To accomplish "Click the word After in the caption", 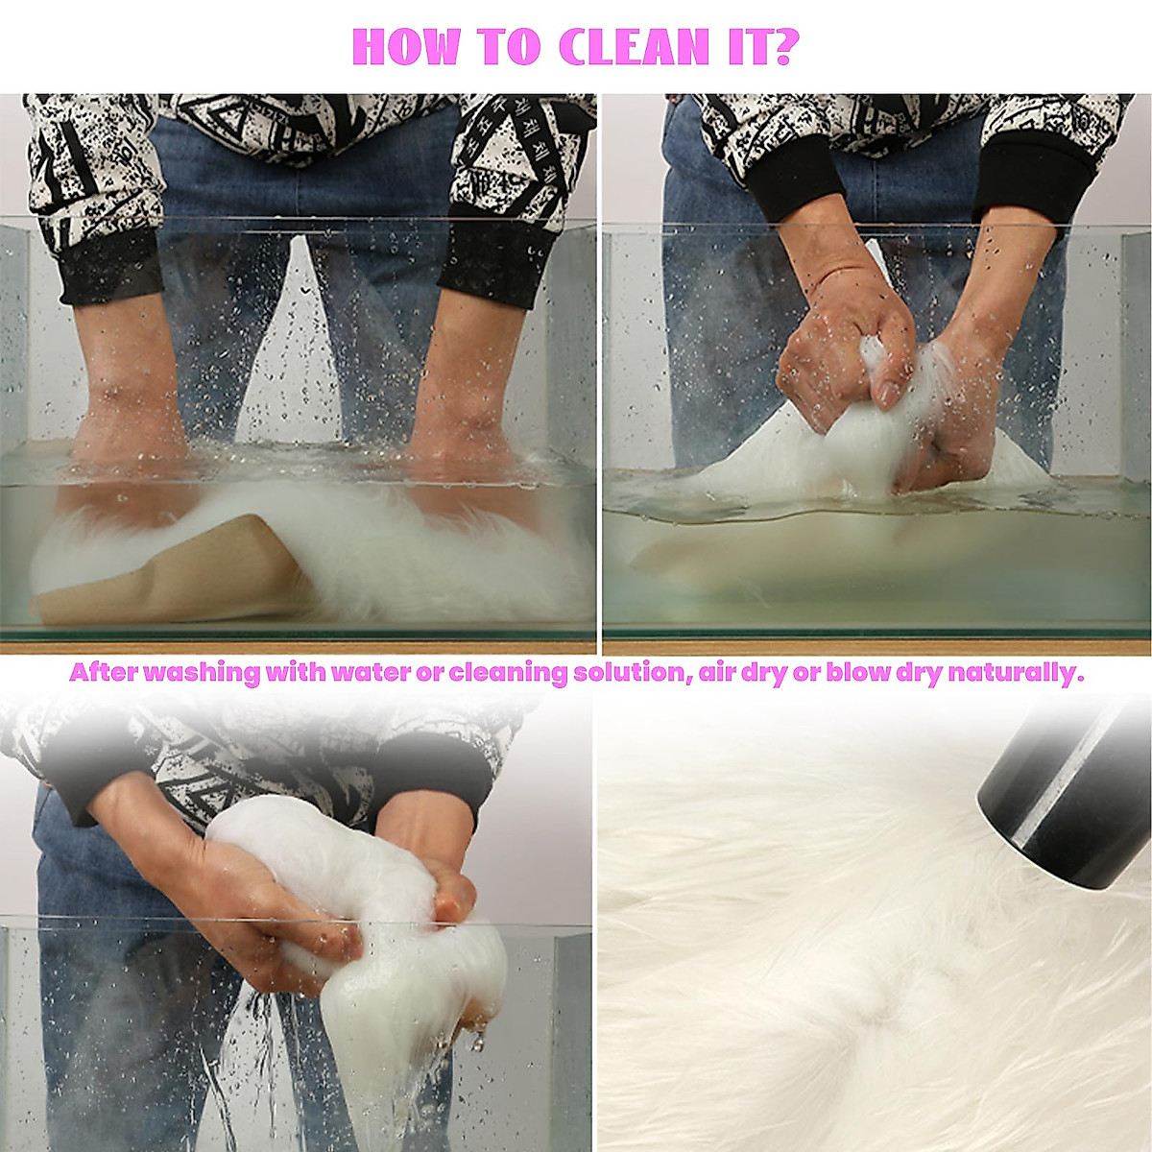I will point(104,673).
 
